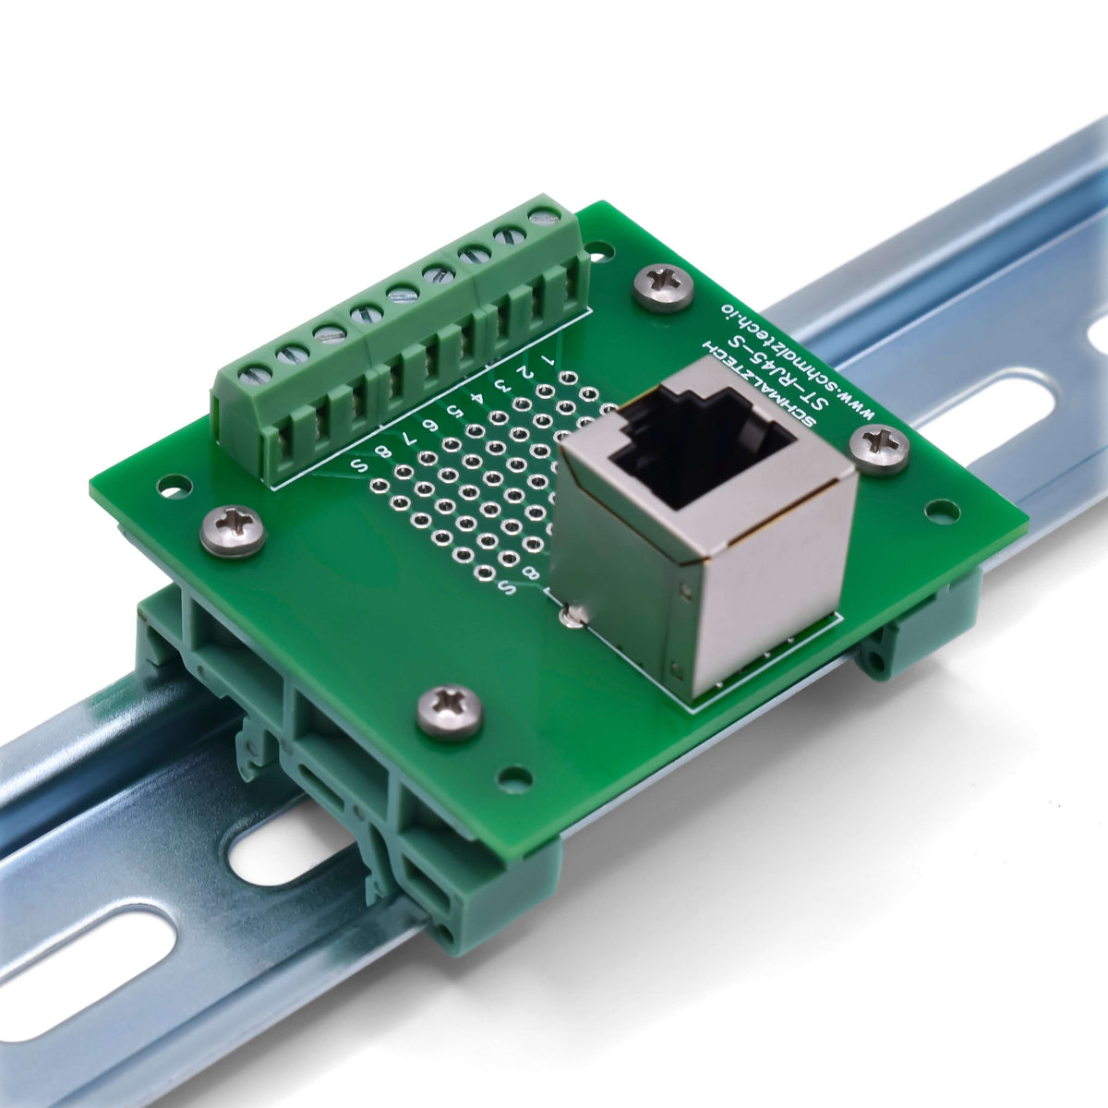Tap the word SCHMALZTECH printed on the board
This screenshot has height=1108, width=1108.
[x=756, y=384]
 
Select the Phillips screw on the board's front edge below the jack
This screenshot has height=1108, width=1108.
[x=450, y=712]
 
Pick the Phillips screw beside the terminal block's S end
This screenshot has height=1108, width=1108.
[x=234, y=531]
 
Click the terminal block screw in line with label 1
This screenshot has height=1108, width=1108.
[x=544, y=215]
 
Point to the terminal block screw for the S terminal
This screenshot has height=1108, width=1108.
[x=255, y=375]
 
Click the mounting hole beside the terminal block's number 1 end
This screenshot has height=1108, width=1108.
[x=598, y=249]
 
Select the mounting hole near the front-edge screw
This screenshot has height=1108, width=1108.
[x=514, y=781]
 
